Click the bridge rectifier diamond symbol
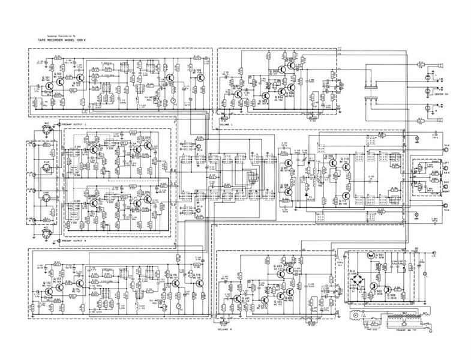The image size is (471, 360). point(360,280)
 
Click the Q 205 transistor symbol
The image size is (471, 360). point(142,143)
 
